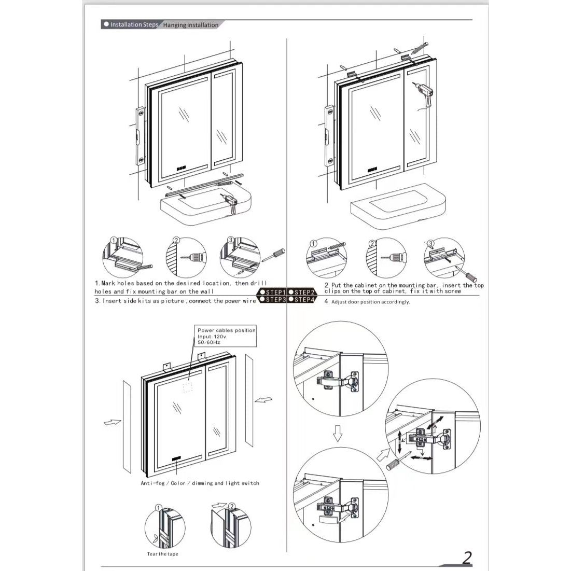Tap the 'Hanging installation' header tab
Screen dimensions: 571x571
190,25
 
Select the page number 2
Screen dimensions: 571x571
467,558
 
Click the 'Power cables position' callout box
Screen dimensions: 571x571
226,336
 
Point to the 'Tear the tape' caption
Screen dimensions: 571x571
162,554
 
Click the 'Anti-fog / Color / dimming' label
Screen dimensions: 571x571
200,483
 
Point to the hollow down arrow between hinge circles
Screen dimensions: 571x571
338,434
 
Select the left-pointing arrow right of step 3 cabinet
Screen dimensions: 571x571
264,400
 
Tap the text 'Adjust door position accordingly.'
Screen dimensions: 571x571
370,302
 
